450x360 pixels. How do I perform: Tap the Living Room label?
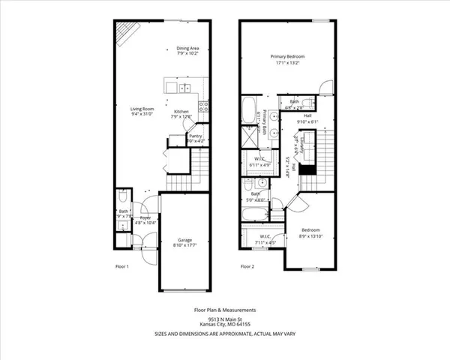[142, 112]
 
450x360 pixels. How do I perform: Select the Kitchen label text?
[181, 114]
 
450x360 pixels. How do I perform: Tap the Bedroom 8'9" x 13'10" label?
[311, 232]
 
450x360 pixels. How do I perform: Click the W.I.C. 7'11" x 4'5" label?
[265, 240]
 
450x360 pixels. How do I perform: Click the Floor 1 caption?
[121, 266]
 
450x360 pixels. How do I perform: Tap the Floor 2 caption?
[247, 266]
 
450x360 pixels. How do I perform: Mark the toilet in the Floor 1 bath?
[122, 201]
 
